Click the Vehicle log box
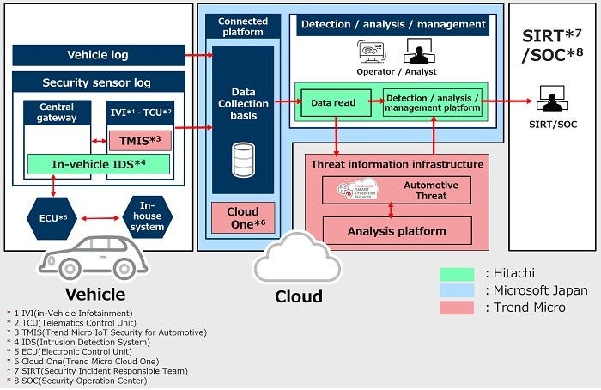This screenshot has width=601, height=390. point(98,55)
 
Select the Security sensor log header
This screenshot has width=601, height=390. point(98,82)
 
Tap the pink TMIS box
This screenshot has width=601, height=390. point(140,140)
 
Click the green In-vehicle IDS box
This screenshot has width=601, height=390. point(98,164)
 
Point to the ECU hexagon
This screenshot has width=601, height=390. point(52,217)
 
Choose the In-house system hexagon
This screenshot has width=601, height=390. point(147,217)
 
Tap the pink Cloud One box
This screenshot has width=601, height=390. point(243,218)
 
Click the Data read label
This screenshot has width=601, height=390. point(333,102)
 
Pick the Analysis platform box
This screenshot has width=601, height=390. point(397,230)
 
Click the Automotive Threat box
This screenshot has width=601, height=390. point(397,190)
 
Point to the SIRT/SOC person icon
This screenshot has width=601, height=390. point(549,99)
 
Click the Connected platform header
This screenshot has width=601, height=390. point(243,26)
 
